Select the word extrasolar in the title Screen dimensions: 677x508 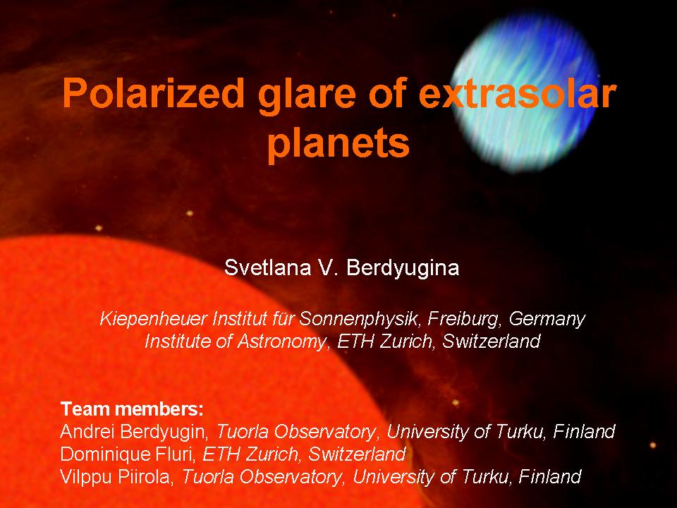click(x=518, y=93)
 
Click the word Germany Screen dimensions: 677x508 click(x=547, y=320)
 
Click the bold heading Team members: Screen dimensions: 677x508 click(x=132, y=409)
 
